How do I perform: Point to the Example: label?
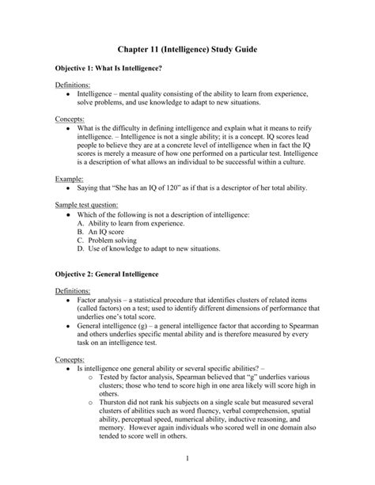pos(70,180)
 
